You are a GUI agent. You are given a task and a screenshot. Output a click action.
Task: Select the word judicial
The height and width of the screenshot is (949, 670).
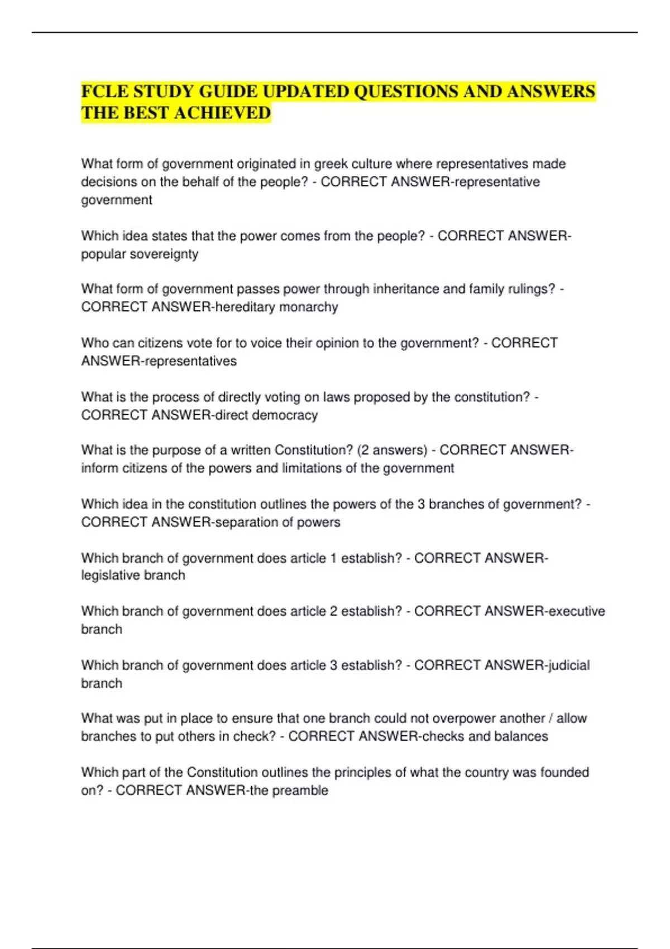569,665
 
